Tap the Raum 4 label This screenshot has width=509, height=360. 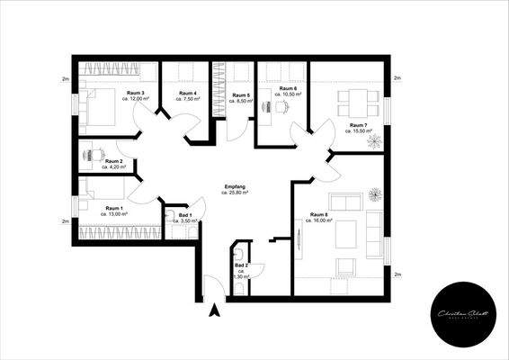[x=188, y=94]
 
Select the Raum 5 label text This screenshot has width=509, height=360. [x=240, y=95]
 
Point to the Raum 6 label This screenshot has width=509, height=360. [x=290, y=88]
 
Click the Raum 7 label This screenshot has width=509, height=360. [x=358, y=125]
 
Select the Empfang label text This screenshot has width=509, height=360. [x=236, y=186]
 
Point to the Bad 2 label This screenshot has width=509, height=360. [x=240, y=266]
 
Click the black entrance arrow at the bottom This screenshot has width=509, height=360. [x=214, y=312]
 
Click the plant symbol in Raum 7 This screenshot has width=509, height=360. [x=374, y=140]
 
